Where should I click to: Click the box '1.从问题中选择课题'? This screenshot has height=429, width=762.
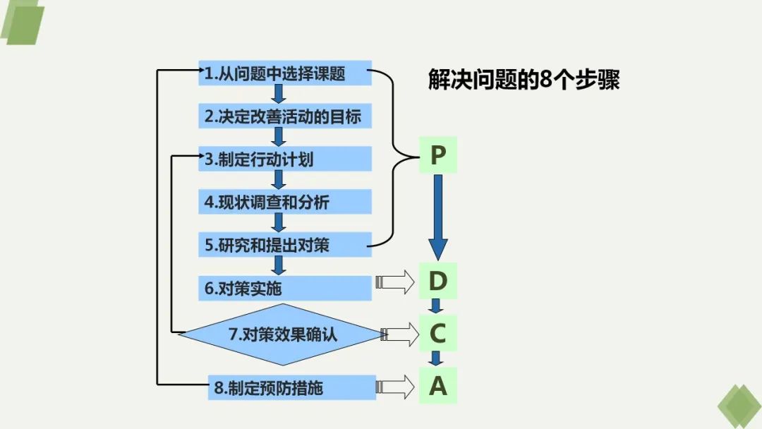285,73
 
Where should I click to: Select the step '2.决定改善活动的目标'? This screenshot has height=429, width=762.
285,116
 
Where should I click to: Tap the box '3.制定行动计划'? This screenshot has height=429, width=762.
285,159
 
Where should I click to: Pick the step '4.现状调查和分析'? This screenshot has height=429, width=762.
285,203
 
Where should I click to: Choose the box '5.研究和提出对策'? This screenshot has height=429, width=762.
285,246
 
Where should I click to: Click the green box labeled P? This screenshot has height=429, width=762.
438,155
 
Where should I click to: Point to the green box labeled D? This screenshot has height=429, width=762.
438,282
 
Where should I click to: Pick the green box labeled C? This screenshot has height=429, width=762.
438,333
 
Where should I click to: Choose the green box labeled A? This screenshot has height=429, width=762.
438,386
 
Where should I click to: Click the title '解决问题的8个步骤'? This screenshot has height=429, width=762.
524,79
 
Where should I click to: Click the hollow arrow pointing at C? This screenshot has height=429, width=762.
400,334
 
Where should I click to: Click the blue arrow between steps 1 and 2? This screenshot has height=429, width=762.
279,95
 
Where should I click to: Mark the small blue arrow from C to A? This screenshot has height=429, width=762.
437,358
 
